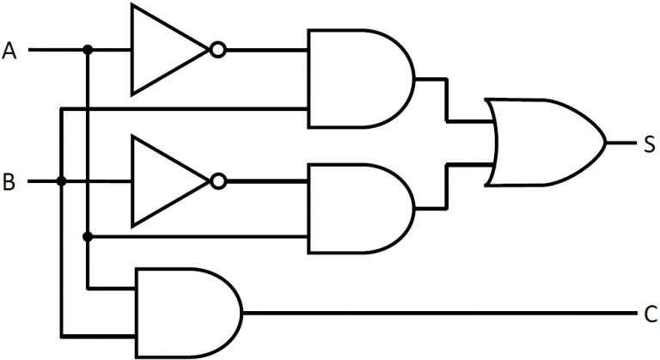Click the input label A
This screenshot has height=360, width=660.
point(10,52)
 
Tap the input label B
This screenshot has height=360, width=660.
point(9,182)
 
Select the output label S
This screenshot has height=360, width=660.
point(651,143)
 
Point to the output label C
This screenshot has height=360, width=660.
point(650,313)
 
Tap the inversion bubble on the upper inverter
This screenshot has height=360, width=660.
point(218,51)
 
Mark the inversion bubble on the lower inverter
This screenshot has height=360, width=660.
point(218,181)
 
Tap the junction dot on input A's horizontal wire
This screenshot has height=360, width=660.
point(88,51)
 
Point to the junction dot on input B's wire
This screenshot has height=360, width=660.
point(61,181)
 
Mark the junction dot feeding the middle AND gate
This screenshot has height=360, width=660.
point(88,235)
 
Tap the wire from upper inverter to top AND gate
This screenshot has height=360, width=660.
point(266,51)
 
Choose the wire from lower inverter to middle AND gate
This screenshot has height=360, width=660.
point(266,181)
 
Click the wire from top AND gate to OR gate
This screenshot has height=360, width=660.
point(446,99)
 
